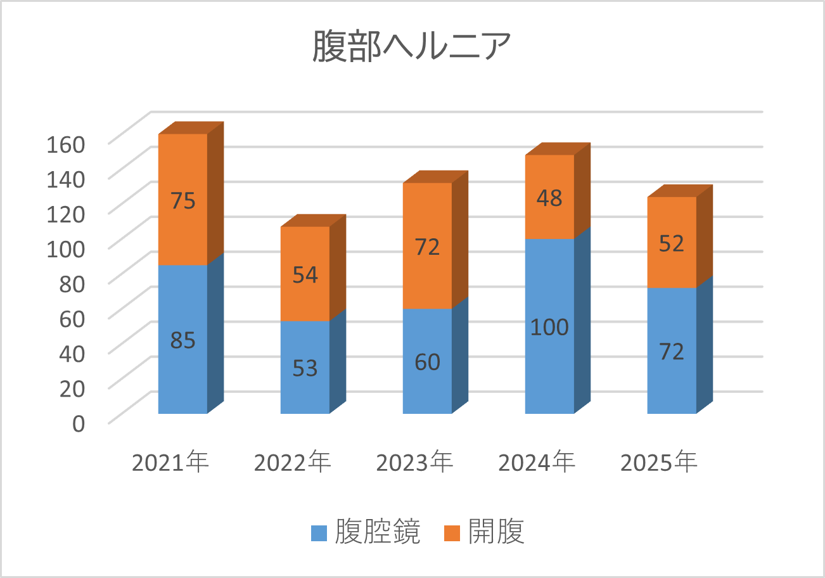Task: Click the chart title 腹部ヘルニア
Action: click(x=412, y=47)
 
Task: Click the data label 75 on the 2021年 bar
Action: click(x=182, y=200)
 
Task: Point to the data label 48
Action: click(x=549, y=198)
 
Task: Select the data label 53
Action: click(x=305, y=368)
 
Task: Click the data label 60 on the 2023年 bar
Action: click(x=427, y=362)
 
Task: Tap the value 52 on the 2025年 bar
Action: click(x=672, y=243)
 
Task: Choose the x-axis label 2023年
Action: click(x=414, y=462)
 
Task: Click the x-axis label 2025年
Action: click(x=659, y=462)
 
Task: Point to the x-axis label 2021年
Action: click(x=170, y=462)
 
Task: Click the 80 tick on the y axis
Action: click(x=72, y=283)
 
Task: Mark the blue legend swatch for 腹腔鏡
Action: click(x=319, y=532)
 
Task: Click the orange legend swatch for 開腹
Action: click(x=452, y=532)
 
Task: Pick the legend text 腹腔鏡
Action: click(x=378, y=532)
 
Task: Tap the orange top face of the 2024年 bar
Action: click(x=558, y=148)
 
